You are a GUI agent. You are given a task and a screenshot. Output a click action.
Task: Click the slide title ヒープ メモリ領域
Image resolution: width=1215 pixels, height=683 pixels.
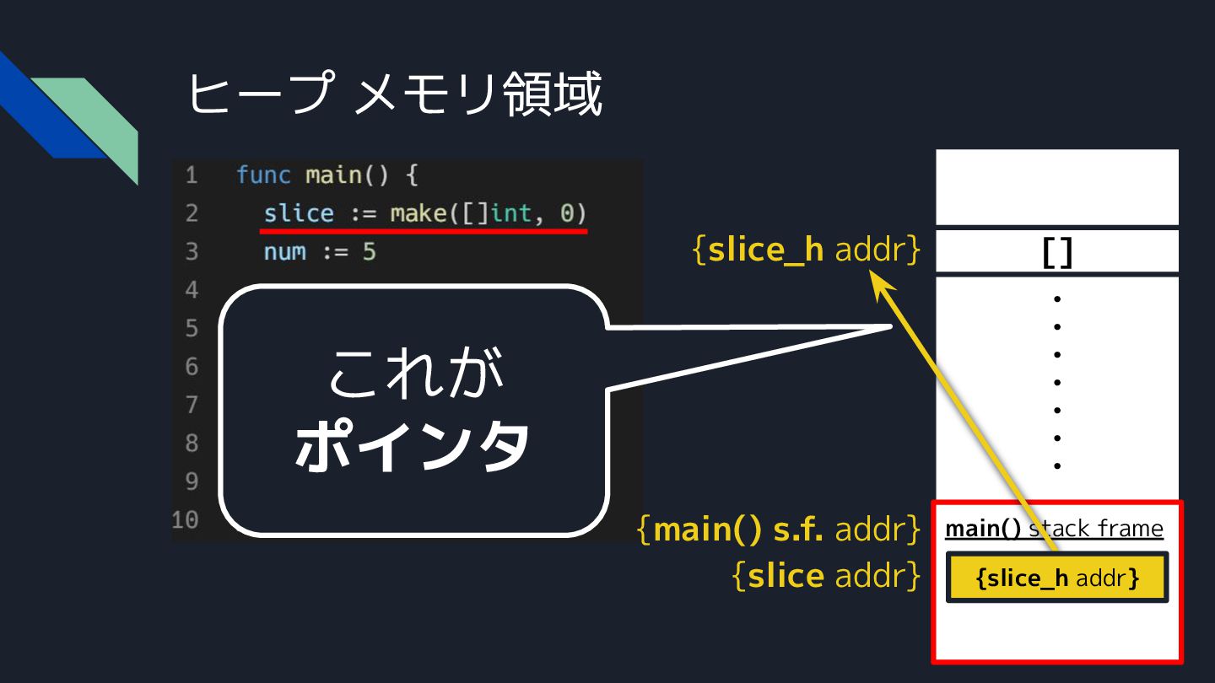coord(394,94)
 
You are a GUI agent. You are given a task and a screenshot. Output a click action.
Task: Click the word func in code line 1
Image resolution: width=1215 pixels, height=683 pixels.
coord(264,175)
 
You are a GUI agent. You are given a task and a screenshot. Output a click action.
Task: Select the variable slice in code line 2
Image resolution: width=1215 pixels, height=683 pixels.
coord(299,213)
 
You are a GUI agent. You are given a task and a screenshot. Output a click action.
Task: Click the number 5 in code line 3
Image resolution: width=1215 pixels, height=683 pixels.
coord(369,251)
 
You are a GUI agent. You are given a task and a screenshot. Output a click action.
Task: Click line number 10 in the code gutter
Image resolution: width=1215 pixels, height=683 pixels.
coord(186,519)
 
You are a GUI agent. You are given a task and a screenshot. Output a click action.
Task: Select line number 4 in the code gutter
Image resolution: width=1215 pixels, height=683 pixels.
coord(192,290)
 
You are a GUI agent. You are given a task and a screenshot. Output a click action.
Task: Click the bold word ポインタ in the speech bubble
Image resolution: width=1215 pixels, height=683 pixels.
coord(413,446)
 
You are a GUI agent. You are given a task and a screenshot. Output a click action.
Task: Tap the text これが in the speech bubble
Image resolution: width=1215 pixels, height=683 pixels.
coord(413,374)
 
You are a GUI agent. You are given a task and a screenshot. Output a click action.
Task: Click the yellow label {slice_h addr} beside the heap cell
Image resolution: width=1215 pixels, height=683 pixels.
coord(806,250)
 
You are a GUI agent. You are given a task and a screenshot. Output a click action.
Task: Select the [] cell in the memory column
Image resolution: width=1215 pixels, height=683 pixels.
coord(1057,251)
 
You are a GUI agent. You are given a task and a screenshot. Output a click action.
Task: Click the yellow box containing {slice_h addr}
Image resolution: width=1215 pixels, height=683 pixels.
coord(1057,578)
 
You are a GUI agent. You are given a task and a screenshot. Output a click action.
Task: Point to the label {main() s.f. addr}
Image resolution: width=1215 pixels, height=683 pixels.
coord(779,530)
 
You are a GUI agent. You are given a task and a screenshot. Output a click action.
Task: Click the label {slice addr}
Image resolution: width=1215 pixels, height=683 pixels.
coord(826,576)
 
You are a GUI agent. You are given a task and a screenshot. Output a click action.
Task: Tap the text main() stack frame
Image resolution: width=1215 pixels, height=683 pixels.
coord(1054,529)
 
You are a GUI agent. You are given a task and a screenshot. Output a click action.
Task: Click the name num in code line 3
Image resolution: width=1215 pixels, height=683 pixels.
coord(285,251)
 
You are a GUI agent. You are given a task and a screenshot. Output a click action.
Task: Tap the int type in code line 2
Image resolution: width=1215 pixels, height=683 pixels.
coord(511,213)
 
